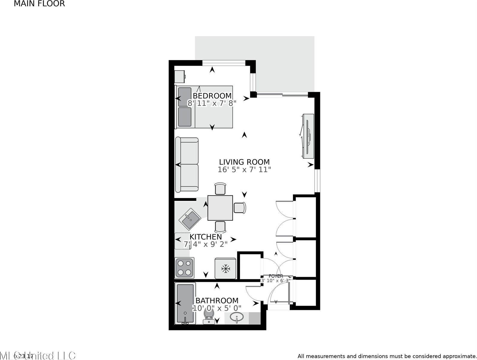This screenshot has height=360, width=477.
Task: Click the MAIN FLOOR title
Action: (x=39, y=4)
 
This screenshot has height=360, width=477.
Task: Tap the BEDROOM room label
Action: (x=212, y=96)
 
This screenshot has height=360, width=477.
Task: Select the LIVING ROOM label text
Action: (x=244, y=162)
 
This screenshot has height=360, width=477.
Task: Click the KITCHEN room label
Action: (x=206, y=236)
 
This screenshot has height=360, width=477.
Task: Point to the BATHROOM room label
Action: (x=217, y=300)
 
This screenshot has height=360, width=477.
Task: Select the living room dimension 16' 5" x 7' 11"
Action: (x=244, y=170)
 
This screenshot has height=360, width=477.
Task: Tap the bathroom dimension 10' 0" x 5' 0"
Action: (x=217, y=308)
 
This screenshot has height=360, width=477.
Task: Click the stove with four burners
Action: (x=184, y=268)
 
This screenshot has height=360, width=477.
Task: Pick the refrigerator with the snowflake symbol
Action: (x=225, y=268)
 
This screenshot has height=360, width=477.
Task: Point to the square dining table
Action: (x=220, y=208)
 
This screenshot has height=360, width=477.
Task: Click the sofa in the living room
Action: (x=187, y=164)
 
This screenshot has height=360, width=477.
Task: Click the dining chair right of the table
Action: (x=240, y=208)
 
